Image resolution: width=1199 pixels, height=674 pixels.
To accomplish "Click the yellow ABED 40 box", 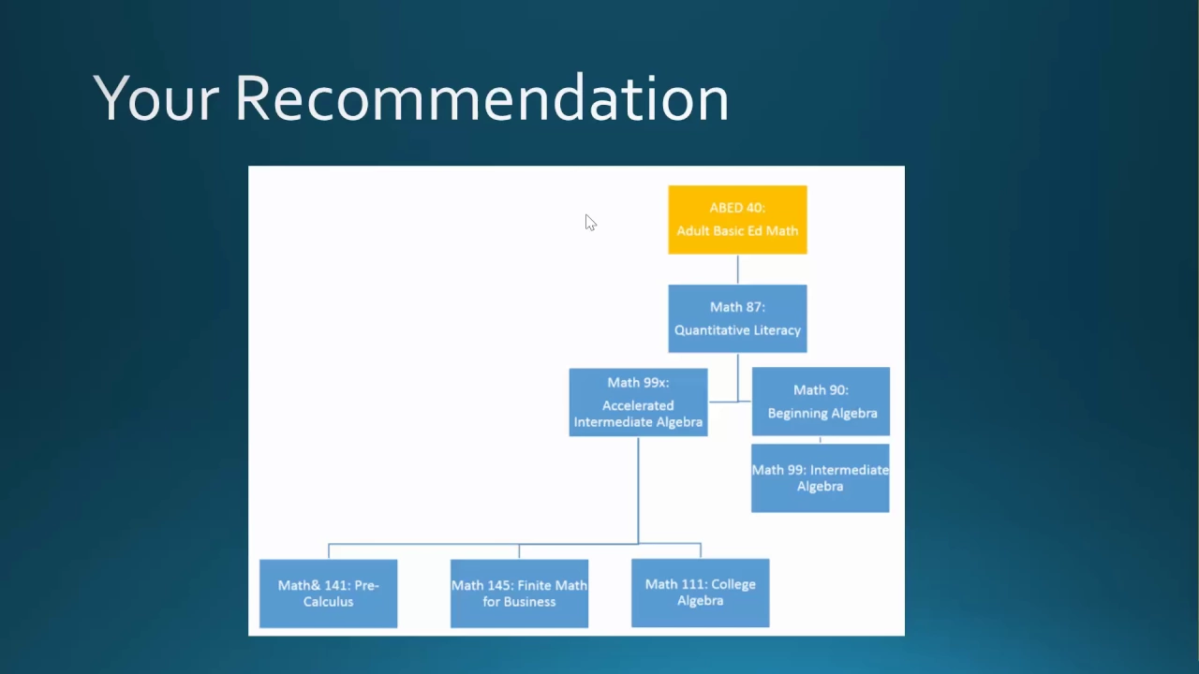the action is tap(737, 220).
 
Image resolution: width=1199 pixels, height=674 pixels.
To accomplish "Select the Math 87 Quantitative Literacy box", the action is tap(737, 319).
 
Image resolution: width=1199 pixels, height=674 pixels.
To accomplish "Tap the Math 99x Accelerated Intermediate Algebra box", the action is tap(638, 403).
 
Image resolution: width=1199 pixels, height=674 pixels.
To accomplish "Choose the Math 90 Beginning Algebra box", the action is tap(821, 402).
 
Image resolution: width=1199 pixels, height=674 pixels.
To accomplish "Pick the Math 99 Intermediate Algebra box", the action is tap(820, 478).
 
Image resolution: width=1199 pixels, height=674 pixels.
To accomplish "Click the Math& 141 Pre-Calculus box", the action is tap(328, 593).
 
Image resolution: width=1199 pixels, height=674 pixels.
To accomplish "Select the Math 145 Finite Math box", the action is tap(519, 593).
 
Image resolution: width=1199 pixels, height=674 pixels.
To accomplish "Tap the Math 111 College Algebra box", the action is tap(700, 593).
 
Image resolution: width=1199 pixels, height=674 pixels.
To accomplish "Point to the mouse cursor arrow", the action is tap(590, 223).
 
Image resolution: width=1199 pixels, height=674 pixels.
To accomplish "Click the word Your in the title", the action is tap(155, 98).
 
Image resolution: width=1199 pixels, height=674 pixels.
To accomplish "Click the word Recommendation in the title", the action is tap(481, 98).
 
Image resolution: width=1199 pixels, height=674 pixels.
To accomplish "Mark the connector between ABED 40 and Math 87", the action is tap(737, 270).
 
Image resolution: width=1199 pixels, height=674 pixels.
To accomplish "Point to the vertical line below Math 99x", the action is tap(638, 490).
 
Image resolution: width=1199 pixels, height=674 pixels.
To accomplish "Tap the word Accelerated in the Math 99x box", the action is tap(638, 405).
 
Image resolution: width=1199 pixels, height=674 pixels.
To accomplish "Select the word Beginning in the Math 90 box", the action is tap(795, 414).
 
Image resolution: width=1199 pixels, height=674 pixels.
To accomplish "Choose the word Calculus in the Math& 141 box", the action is tap(328, 602).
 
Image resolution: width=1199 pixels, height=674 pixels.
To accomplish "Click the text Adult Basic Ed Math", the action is tap(737, 231).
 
